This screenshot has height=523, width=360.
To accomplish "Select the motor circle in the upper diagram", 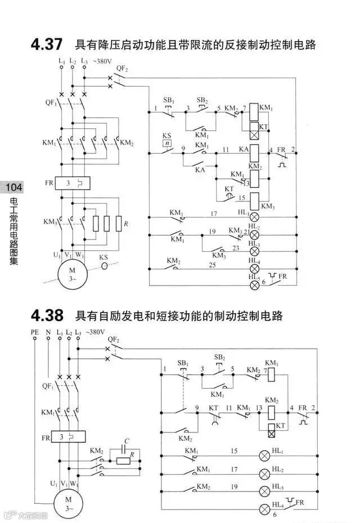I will point(73,276).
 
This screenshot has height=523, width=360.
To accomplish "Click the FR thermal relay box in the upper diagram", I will point(73,183).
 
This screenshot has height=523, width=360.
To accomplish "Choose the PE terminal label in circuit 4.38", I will point(35,333).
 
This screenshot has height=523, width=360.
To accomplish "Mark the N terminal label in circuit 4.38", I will point(48,333).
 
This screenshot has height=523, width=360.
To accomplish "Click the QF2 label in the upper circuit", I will point(122,68).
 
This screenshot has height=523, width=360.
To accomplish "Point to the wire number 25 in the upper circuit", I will point(212,264).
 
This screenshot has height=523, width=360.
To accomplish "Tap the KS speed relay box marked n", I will point(166,143).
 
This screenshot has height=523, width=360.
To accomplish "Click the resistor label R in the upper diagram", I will point(125,224).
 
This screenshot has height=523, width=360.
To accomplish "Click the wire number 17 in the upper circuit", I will point(213,213).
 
